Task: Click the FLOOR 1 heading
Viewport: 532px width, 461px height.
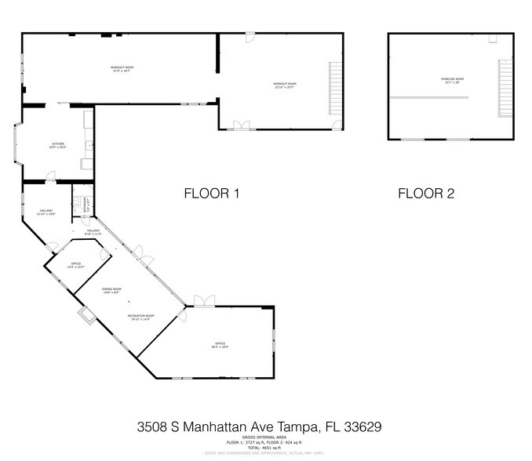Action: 211,194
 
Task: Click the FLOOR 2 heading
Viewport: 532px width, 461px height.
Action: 426,194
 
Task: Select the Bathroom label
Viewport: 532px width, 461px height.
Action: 84,205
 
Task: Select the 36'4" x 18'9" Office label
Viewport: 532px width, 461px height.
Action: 220,344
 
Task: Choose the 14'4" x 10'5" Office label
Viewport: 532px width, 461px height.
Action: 76,265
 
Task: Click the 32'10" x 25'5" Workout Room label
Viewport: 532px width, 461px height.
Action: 285,85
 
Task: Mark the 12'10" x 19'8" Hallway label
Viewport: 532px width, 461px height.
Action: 46,212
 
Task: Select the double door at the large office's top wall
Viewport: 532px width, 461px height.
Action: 204,301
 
